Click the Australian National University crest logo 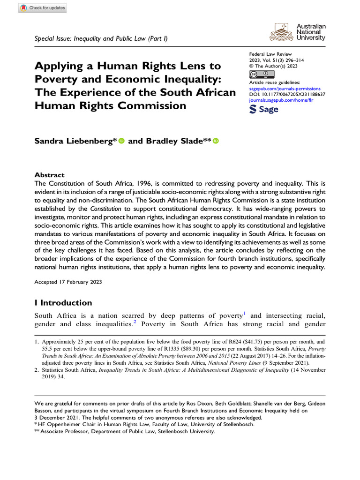282,32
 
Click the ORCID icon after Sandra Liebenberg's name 122,141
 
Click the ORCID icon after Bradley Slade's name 216,141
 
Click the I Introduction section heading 63,302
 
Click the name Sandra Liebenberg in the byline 73,141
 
